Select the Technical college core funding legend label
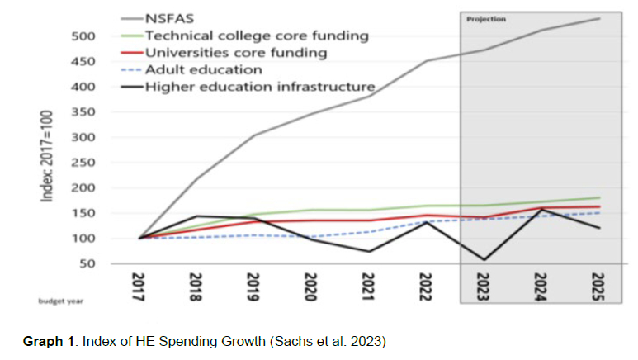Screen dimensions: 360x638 pos(256,36)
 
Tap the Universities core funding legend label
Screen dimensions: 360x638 pos(235,53)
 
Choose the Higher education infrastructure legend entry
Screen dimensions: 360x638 pos(259,87)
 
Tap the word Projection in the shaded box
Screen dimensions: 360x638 pos(486,18)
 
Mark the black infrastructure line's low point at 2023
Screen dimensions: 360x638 pos(484,259)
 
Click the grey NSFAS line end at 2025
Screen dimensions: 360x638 pos(598,18)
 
